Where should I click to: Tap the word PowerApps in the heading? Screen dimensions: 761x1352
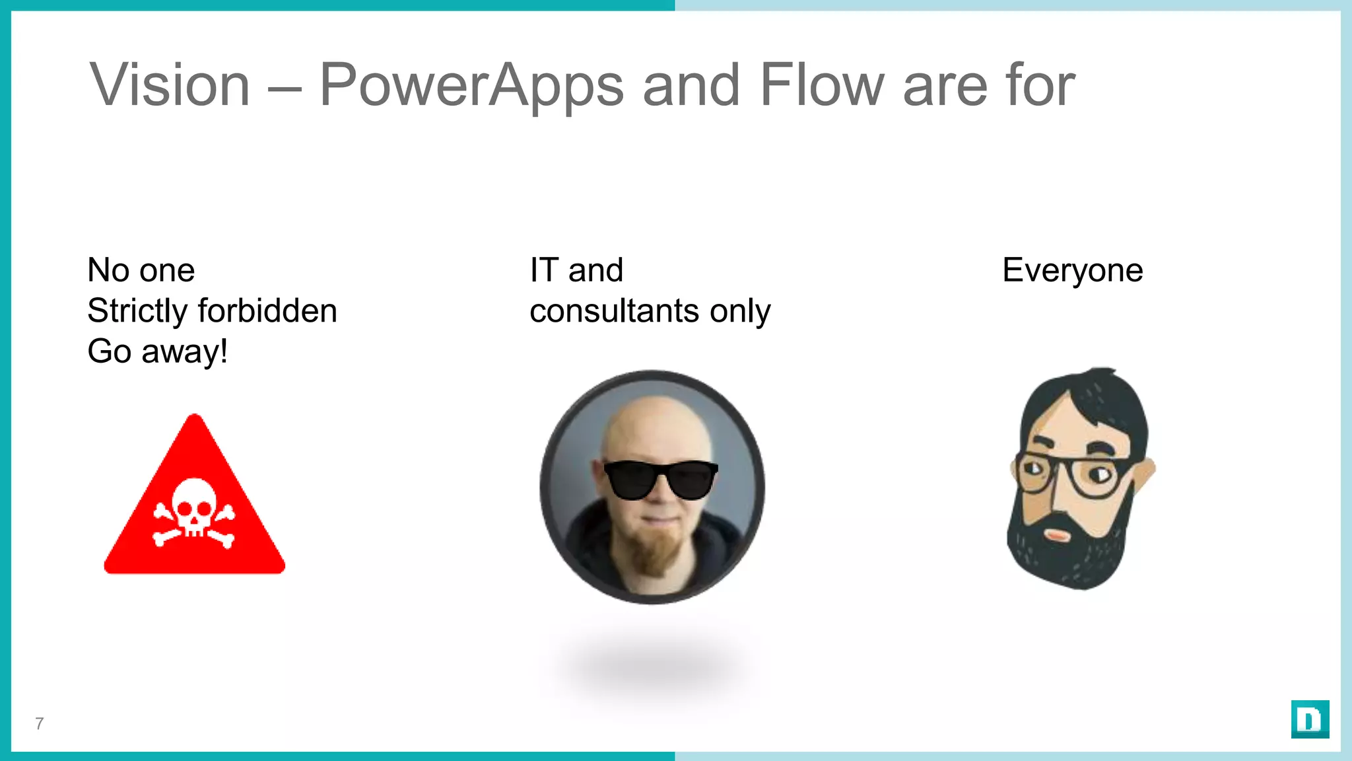tap(471, 86)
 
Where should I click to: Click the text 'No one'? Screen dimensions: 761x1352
tap(141, 270)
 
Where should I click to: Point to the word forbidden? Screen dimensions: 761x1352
tap(267, 310)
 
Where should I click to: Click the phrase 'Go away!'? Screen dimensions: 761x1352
tap(157, 351)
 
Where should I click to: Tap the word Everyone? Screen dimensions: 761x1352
tap(1072, 271)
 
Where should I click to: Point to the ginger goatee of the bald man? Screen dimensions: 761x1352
tap(654, 552)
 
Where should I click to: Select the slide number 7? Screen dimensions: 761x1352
tap(40, 723)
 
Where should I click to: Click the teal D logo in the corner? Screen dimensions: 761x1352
tap(1310, 719)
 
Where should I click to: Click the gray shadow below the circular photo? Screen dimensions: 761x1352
tap(650, 667)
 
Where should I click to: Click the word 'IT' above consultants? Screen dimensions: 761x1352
tap(544, 270)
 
